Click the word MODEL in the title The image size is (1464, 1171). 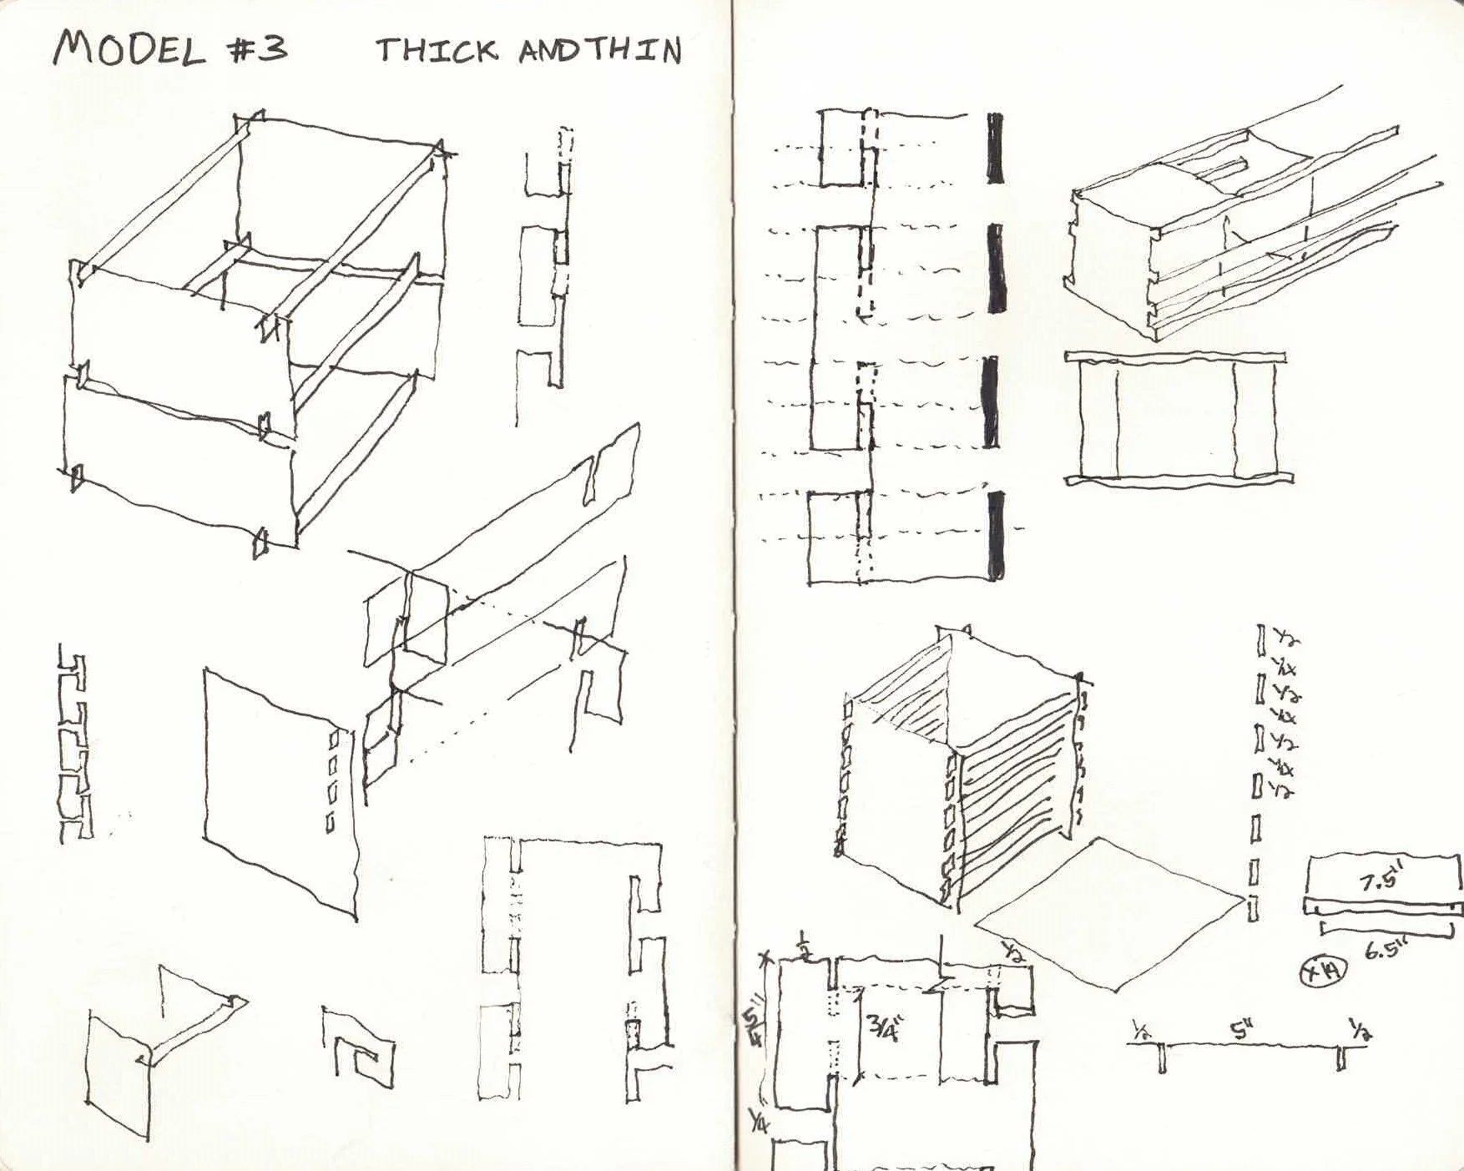click(129, 50)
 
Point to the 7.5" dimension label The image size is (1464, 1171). click(1381, 881)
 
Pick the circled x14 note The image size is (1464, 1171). click(1322, 971)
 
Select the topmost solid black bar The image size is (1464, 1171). click(995, 148)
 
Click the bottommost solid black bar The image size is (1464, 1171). click(995, 535)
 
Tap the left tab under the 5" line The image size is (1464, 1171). click(1163, 1059)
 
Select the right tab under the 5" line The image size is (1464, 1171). click(1341, 1058)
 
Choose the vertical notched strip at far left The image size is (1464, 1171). click(74, 743)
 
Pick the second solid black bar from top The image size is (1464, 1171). click(995, 268)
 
